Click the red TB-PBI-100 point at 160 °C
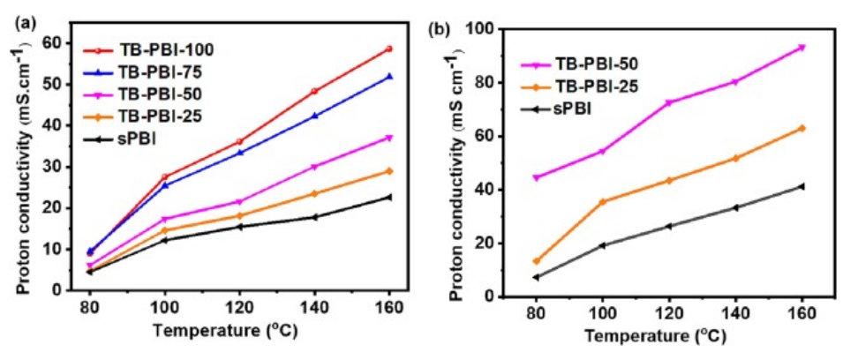click(388, 49)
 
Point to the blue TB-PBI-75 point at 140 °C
click(314, 116)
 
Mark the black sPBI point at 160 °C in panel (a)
click(388, 197)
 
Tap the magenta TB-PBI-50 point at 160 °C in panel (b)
click(802, 48)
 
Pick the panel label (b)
click(440, 28)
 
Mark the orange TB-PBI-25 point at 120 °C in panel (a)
click(240, 215)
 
